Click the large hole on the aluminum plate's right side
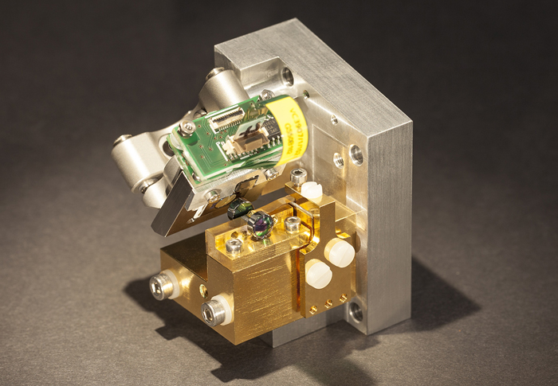(356, 154)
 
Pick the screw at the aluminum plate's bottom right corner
(356, 312)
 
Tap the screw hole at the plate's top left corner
(286, 76)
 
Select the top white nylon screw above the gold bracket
(310, 191)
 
